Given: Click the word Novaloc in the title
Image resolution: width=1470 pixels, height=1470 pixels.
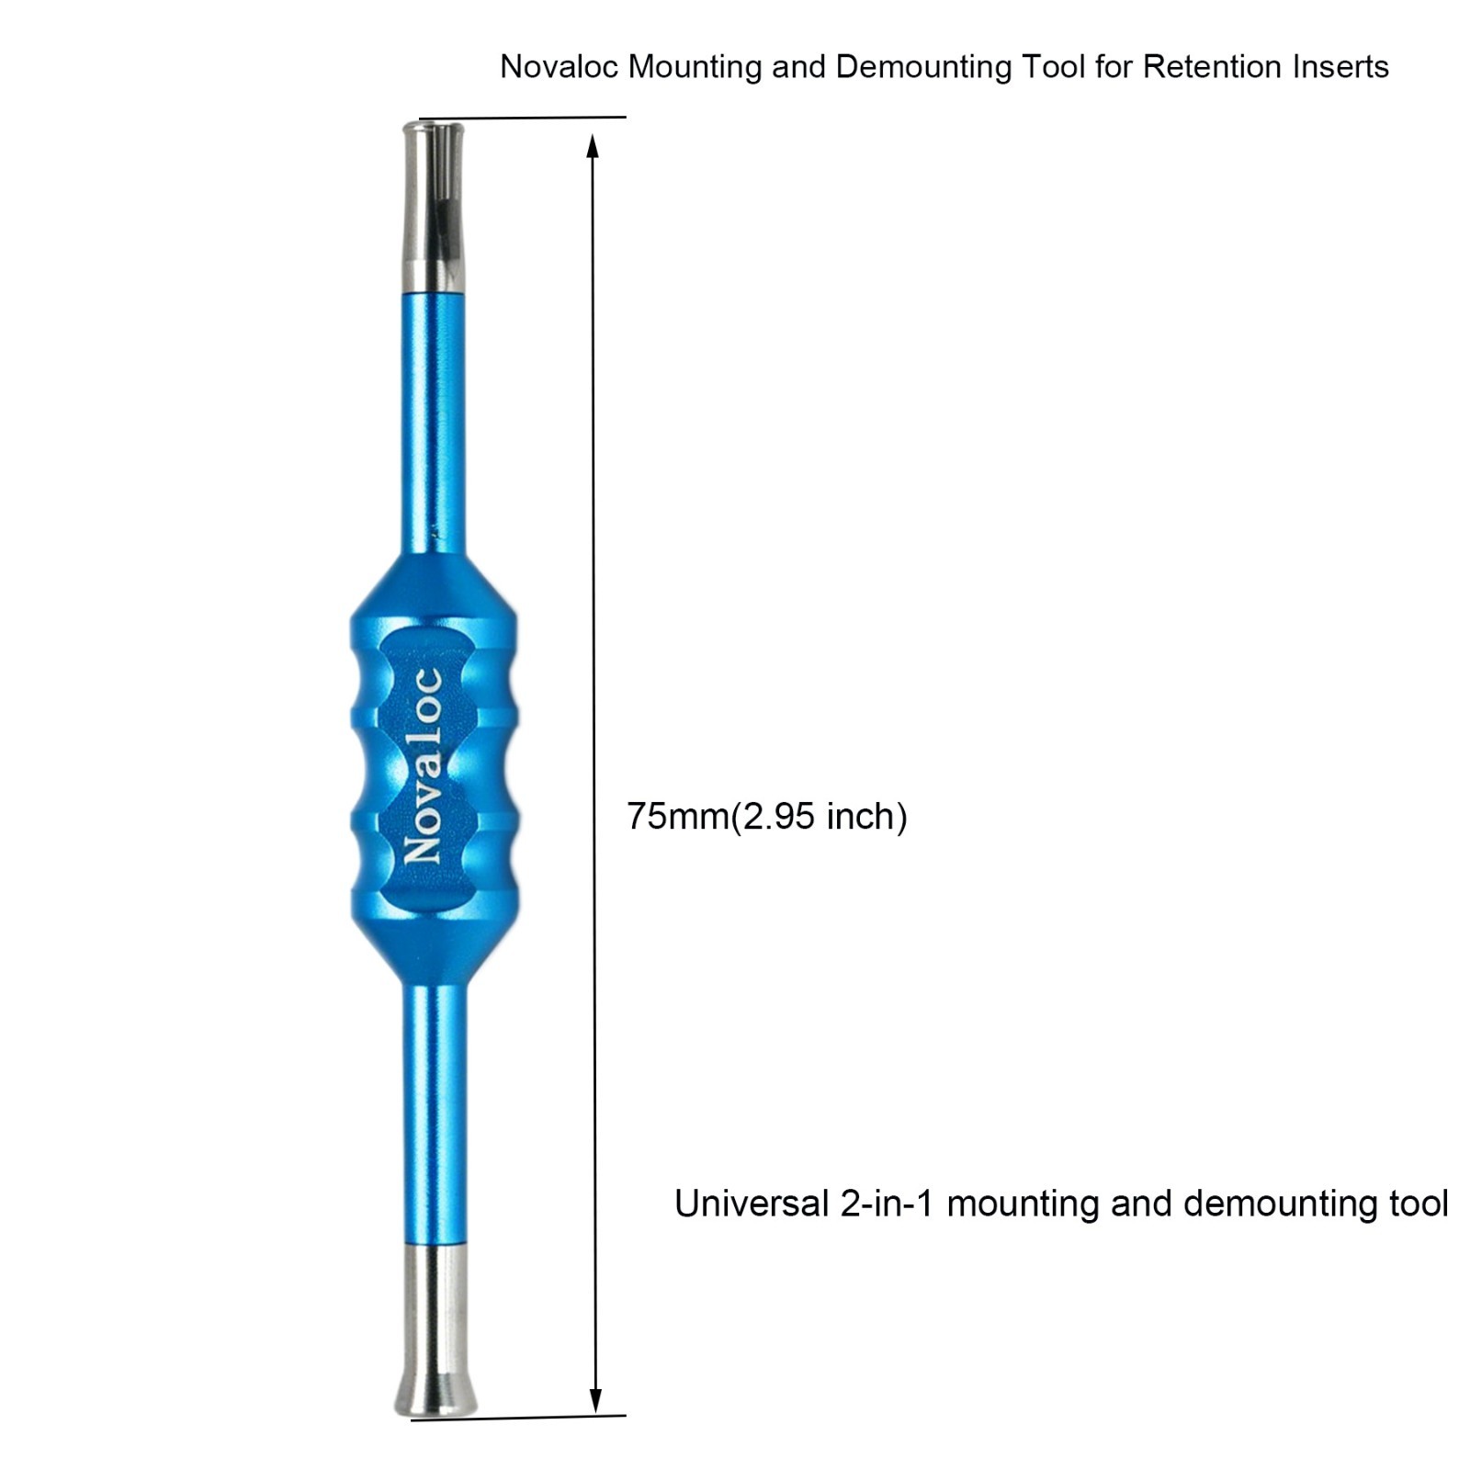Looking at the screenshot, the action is (x=560, y=67).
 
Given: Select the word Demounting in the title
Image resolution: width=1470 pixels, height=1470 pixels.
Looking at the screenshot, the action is (x=919, y=68).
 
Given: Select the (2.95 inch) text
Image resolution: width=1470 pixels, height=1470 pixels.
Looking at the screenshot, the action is (x=819, y=816).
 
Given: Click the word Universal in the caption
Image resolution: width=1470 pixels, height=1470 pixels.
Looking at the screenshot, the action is (x=751, y=1204).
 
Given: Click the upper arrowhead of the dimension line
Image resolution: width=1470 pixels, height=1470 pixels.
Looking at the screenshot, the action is (x=593, y=147).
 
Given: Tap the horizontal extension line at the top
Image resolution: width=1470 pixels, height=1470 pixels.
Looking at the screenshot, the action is (x=522, y=118).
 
